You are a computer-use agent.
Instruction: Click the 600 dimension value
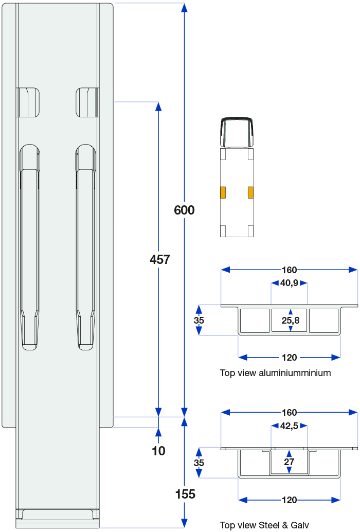pos(184,210)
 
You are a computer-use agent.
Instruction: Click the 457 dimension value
pos(159,260)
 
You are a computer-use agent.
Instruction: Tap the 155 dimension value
pos(185,494)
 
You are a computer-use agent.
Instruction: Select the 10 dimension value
pos(159,451)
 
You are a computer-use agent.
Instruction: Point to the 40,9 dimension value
pos(289,282)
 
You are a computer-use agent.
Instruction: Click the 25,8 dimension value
pos(291,321)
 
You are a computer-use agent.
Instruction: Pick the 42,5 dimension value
pos(289,425)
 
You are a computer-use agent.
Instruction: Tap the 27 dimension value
pos(289,462)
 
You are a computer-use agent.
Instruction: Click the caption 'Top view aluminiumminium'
pos(275,373)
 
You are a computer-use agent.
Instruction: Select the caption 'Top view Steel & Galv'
pos(264,525)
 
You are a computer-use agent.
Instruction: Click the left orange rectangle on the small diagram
pos(223,192)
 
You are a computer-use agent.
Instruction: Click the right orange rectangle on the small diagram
pos(250,192)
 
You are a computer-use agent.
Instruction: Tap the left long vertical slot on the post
pos(29,247)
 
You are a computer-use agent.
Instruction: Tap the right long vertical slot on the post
pos(85,247)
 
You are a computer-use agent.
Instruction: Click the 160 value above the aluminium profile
pos(289,270)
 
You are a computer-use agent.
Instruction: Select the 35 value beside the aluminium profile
pos(199,320)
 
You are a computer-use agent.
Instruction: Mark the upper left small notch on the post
pos(28,102)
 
